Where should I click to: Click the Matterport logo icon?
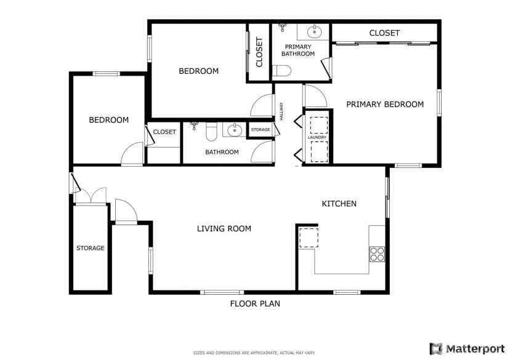pyautogui.click(x=436, y=349)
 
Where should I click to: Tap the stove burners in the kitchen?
pyautogui.click(x=377, y=254)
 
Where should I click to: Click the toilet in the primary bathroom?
pyautogui.click(x=281, y=71)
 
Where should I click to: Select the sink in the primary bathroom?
pyautogui.click(x=314, y=32)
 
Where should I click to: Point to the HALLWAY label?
pyautogui.click(x=281, y=111)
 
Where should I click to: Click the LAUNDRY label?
pyautogui.click(x=317, y=137)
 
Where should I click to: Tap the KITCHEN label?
pyautogui.click(x=339, y=204)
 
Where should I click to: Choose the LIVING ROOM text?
pyautogui.click(x=224, y=229)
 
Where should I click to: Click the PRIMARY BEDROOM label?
pyautogui.click(x=385, y=104)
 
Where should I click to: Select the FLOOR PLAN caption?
pyautogui.click(x=255, y=303)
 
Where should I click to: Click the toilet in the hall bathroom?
pyautogui.click(x=211, y=131)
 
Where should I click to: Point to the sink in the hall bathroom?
pyautogui.click(x=235, y=130)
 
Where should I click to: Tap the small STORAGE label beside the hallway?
pyautogui.click(x=261, y=130)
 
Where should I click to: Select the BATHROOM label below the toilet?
pyautogui.click(x=222, y=152)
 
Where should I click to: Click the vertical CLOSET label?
pyautogui.click(x=259, y=52)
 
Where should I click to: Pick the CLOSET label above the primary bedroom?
pyautogui.click(x=384, y=33)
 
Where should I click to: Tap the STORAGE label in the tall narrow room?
pyautogui.click(x=91, y=248)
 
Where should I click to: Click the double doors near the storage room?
pyautogui.click(x=91, y=196)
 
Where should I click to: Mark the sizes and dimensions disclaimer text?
pyautogui.click(x=254, y=353)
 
